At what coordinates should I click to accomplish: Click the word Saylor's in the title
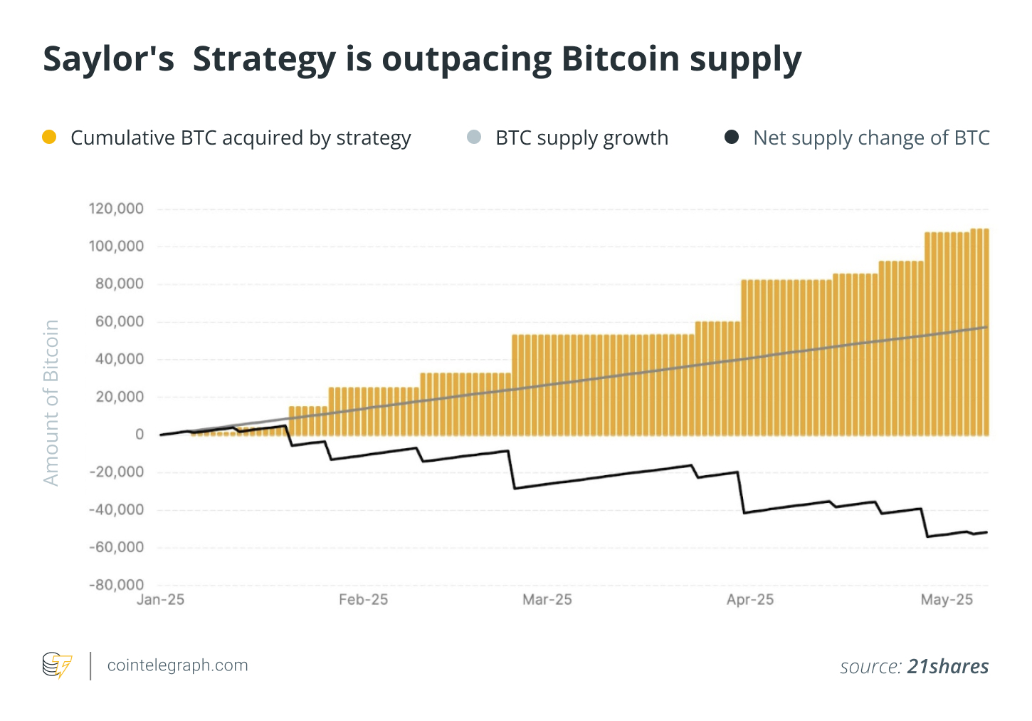pos(108,58)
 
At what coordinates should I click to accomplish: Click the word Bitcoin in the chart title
pos(620,58)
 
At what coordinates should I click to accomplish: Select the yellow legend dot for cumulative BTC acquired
pos(49,137)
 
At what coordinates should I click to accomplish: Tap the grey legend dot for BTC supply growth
pos(474,137)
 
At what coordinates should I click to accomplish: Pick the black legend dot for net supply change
pos(732,137)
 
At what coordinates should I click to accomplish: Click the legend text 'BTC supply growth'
pos(581,138)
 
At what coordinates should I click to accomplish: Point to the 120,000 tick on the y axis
pos(116,209)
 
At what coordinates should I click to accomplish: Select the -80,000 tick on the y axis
pos(116,585)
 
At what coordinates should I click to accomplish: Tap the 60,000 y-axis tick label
pos(120,322)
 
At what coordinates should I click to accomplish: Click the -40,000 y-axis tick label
pos(116,510)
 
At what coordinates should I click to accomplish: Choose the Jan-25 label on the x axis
pos(160,600)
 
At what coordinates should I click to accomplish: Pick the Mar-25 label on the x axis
pos(547,600)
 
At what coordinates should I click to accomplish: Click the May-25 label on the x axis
pos(947,600)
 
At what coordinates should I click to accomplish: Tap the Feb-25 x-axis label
pos(363,600)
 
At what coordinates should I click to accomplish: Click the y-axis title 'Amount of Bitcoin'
pos(51,403)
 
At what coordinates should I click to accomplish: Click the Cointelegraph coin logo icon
pos(57,665)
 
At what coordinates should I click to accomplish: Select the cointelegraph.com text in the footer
pos(177,665)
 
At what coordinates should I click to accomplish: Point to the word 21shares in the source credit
pos(948,666)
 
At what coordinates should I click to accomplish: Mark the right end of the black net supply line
pos(986,532)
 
